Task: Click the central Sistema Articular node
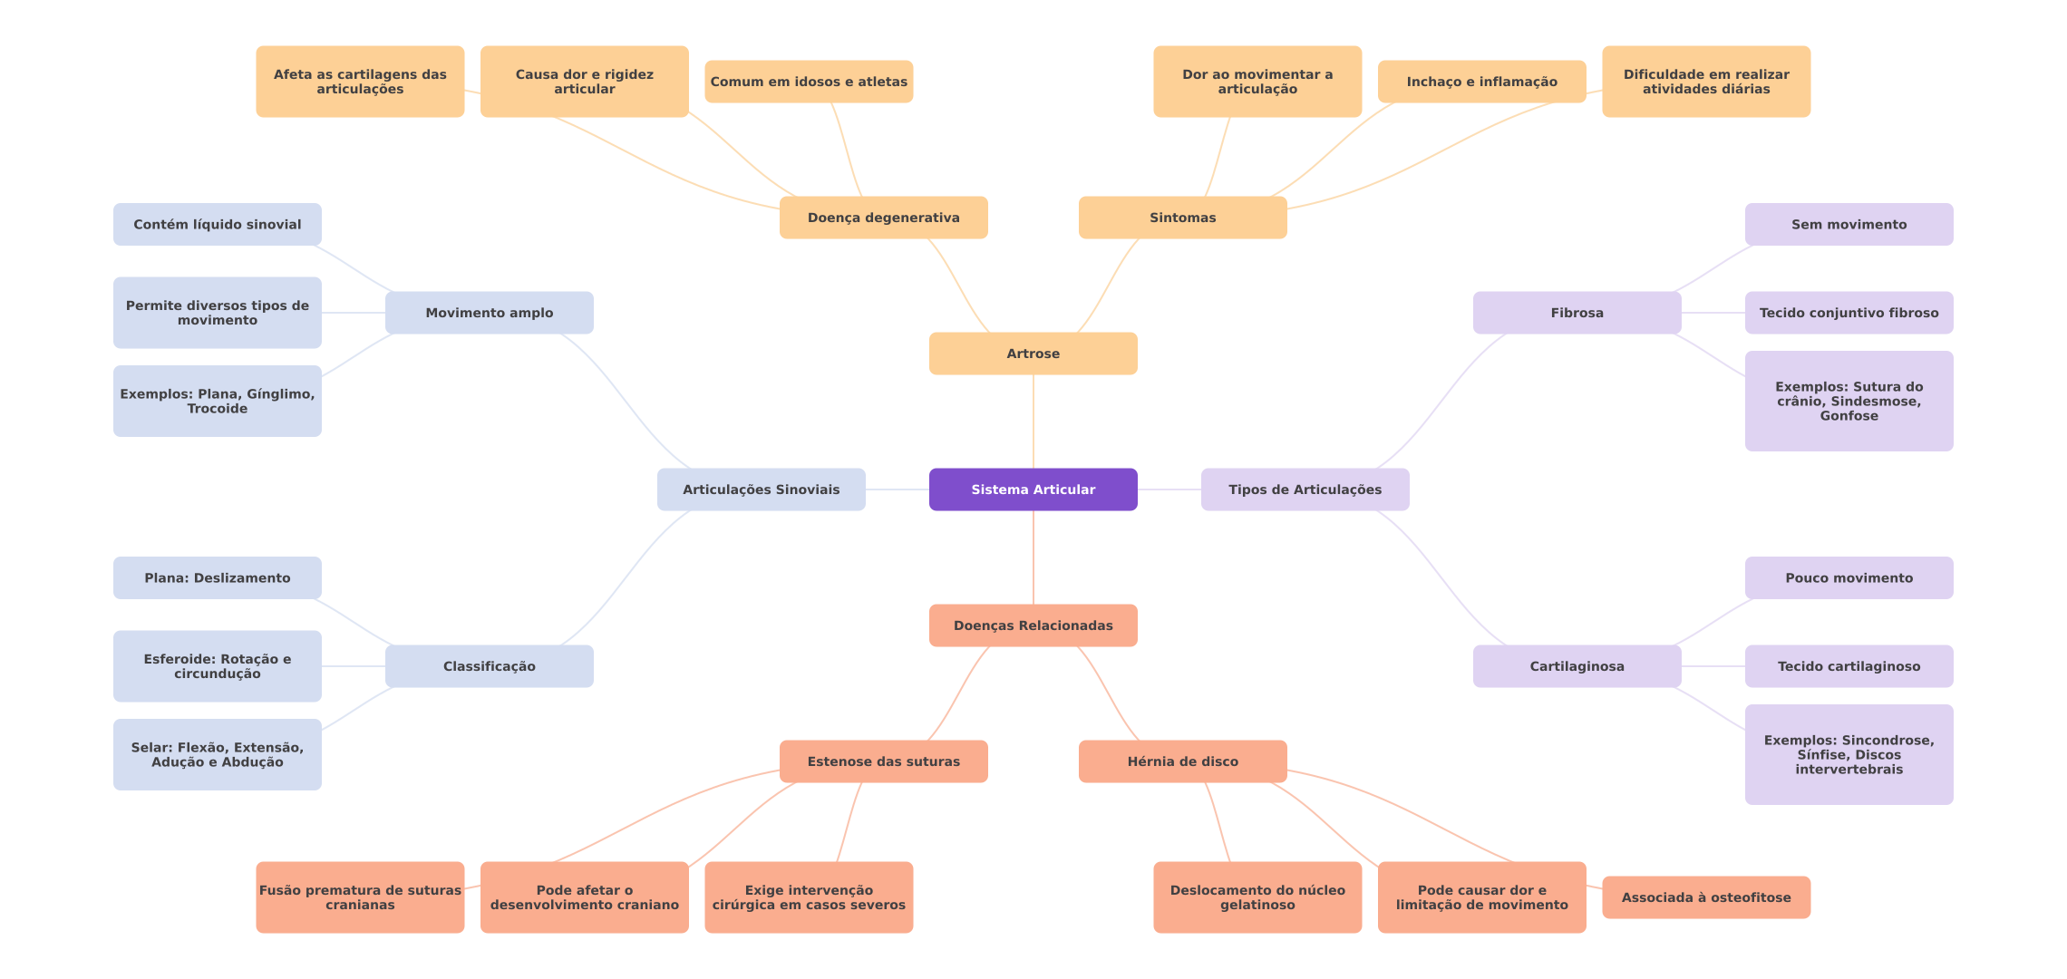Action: point(1033,489)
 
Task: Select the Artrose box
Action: point(1033,354)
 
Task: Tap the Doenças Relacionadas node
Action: point(1033,625)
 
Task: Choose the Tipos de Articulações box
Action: point(1305,489)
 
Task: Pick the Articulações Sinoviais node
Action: point(761,489)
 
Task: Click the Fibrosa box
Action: point(1577,313)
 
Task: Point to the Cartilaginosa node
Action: point(1577,666)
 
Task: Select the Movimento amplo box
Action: point(489,313)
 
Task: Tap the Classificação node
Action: point(489,666)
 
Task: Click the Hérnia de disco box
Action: point(1182,761)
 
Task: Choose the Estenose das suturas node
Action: point(883,761)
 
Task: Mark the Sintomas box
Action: point(1182,218)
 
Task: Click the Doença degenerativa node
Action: point(883,218)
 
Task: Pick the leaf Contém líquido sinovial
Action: point(217,225)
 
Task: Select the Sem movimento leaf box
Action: point(1849,225)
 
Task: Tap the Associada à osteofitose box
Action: point(1705,897)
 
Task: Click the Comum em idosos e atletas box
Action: point(808,82)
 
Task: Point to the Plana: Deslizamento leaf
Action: point(217,578)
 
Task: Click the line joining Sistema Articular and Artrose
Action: point(1033,422)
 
